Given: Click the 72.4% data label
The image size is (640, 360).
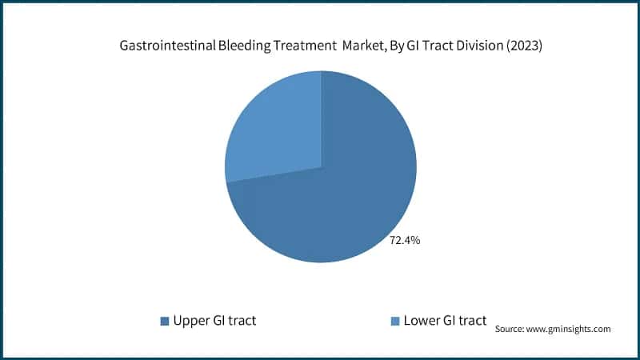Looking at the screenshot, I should [405, 240].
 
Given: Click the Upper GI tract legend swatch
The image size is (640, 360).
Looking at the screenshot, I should [165, 321].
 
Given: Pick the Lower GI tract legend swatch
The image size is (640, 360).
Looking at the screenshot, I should [394, 321].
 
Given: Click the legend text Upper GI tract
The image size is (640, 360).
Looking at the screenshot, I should [214, 321].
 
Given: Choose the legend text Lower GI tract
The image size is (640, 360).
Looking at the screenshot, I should [445, 321].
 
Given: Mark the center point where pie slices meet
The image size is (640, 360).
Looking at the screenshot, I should [321, 167].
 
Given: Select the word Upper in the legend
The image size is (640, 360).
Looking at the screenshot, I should [191, 321].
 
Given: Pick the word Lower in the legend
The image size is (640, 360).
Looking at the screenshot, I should [422, 321].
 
